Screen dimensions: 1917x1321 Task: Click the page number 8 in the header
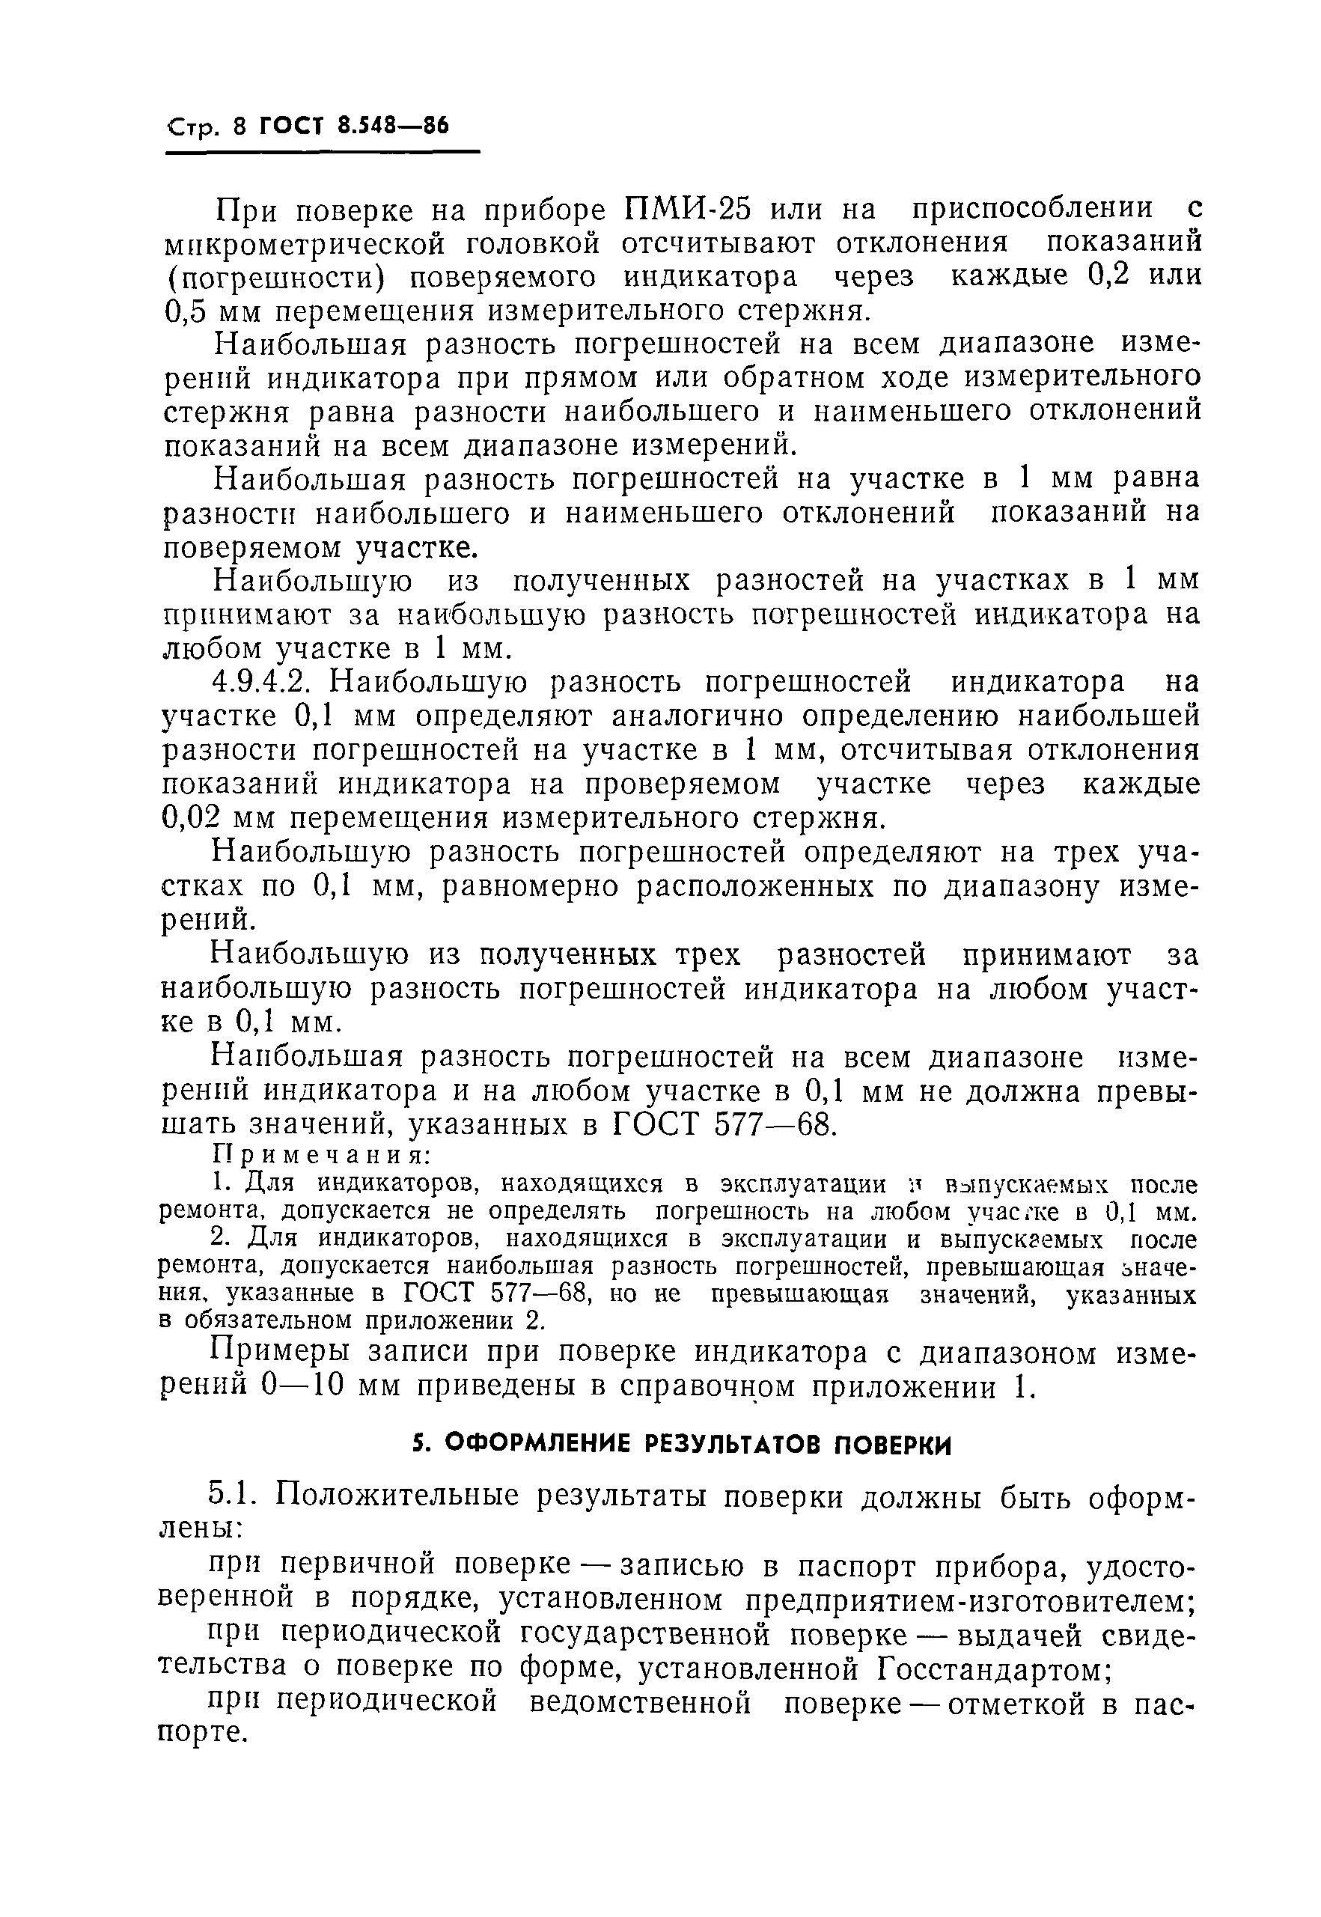[x=240, y=127]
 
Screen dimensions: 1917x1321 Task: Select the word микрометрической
[x=304, y=244]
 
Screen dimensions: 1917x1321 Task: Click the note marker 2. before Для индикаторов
[x=220, y=1238]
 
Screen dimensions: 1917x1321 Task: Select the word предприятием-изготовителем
[x=968, y=1602]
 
